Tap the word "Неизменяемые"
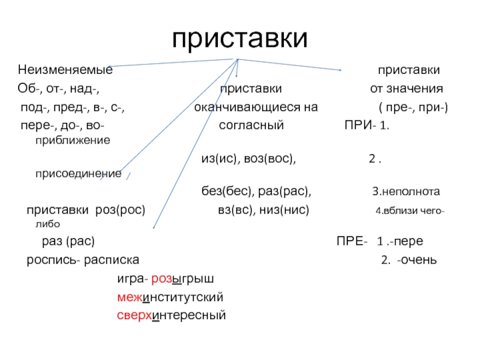click(x=65, y=70)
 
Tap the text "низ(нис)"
click(x=284, y=211)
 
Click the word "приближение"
click(x=73, y=140)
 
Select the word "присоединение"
click(x=78, y=174)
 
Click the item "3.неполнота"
click(x=406, y=192)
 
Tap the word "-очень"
click(x=416, y=260)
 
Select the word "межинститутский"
click(x=170, y=296)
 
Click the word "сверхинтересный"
click(x=170, y=314)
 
